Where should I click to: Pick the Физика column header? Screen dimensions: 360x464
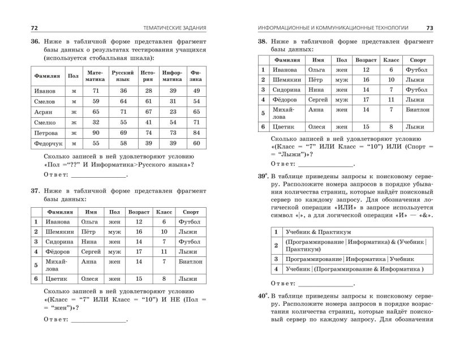click(196, 76)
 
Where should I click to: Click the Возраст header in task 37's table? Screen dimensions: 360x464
click(139, 212)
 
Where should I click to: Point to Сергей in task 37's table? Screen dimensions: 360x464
click(91, 251)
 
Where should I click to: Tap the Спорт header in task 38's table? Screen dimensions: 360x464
click(418, 59)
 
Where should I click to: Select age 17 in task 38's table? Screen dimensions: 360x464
click(366, 99)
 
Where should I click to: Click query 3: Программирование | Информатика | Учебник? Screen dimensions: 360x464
click(342, 259)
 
